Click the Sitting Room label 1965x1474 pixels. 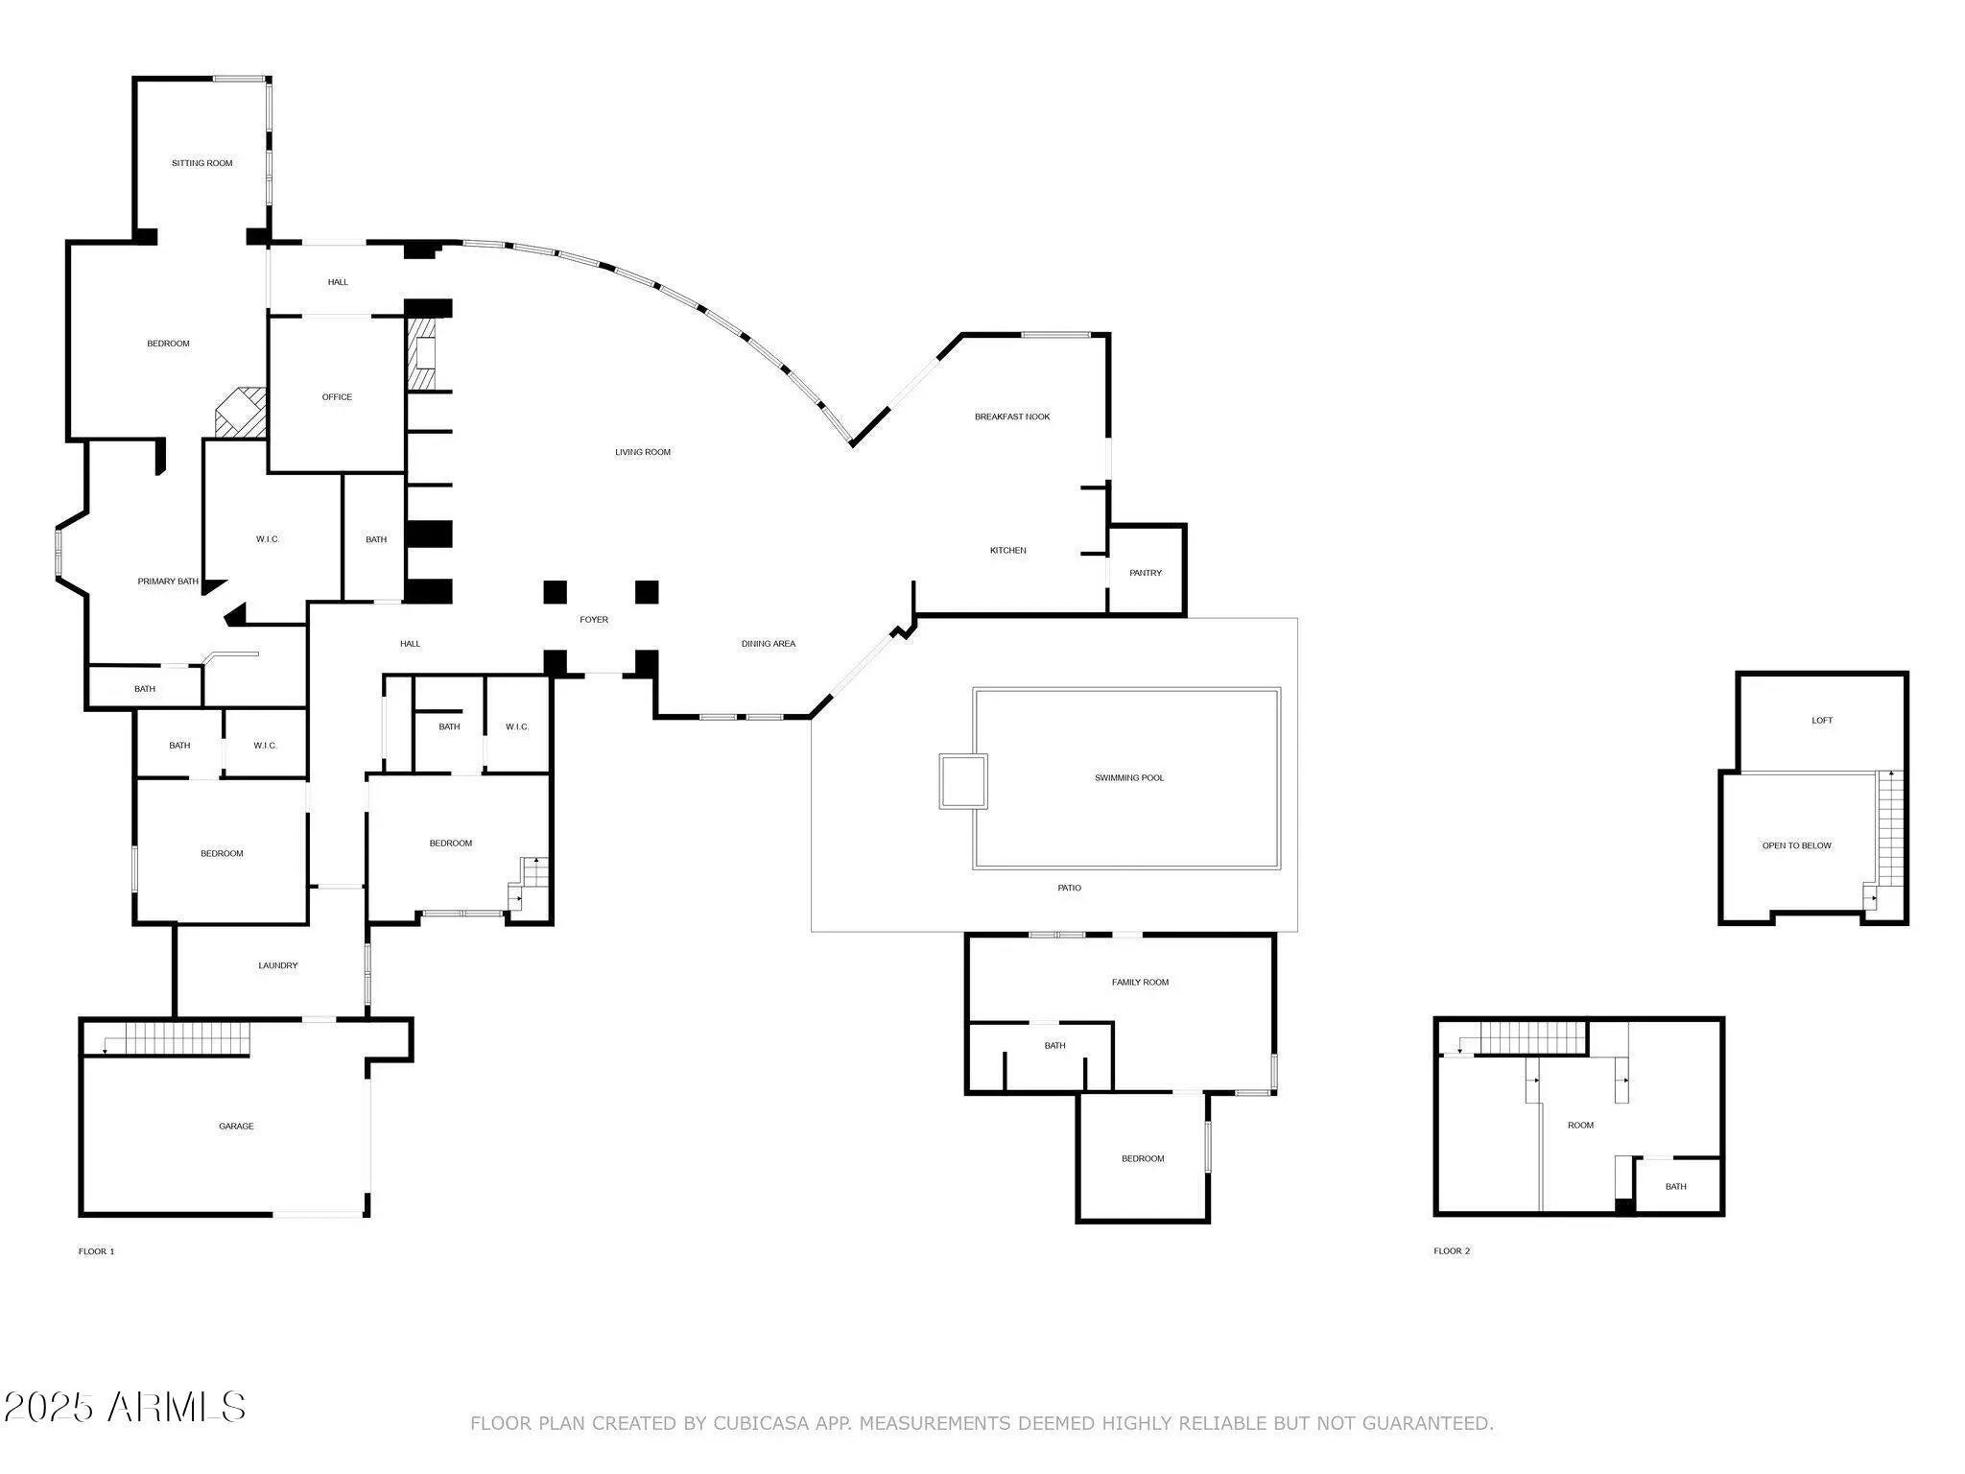(x=202, y=163)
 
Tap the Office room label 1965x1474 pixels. (x=337, y=397)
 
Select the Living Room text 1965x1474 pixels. (x=643, y=452)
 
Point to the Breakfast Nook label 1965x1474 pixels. (x=1012, y=416)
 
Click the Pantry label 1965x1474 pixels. (x=1146, y=573)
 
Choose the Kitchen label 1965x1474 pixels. (x=1008, y=551)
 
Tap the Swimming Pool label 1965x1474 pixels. (x=1129, y=778)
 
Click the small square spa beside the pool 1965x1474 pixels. (x=963, y=781)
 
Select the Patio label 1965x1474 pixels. (x=1070, y=889)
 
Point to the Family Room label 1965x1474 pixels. (x=1140, y=983)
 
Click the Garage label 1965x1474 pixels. (x=236, y=1127)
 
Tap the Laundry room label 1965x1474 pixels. (x=278, y=965)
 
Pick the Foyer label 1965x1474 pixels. (x=594, y=620)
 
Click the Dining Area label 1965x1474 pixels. (x=769, y=644)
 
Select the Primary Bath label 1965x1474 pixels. (x=168, y=582)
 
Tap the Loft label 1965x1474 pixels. (x=1822, y=721)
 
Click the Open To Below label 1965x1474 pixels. (x=1797, y=846)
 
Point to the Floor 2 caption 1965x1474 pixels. (x=1452, y=1251)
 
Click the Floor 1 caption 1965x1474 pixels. (x=96, y=1251)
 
